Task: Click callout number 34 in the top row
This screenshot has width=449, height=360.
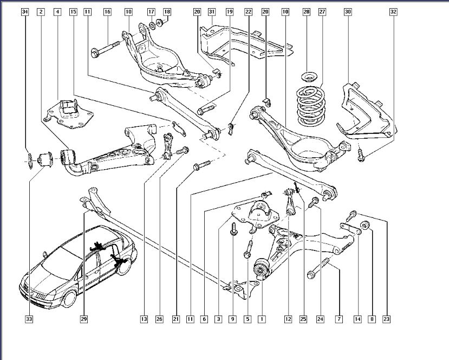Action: pos(25,11)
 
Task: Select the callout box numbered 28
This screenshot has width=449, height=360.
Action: pos(306,11)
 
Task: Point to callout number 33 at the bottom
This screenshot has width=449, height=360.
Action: pos(29,319)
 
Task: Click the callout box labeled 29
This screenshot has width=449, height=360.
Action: pos(84,319)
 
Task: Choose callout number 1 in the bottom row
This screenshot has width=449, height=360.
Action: pos(262,319)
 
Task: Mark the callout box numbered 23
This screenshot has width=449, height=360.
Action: pos(386,319)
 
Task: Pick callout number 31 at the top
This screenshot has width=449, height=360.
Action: pos(212,11)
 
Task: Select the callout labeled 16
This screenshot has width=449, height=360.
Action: pos(107,11)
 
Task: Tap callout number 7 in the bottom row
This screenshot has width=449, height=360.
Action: pos(339,319)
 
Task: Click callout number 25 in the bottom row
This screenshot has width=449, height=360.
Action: pos(303,319)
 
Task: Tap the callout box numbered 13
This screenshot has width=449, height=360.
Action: pos(144,319)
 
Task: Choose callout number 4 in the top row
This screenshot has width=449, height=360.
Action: pos(57,11)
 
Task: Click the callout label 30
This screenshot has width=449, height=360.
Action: pos(347,11)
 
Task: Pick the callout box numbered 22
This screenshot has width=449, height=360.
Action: pos(248,11)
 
